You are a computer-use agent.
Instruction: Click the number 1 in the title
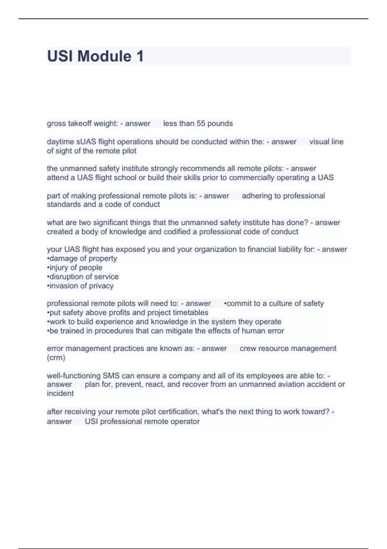tap(140, 56)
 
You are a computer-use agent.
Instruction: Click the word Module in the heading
tap(104, 56)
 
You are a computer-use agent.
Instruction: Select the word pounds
tap(220, 123)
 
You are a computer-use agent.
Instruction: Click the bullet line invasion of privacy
tap(80, 286)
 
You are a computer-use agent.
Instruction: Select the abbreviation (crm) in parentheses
tap(56, 357)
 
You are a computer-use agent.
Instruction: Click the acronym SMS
tap(111, 376)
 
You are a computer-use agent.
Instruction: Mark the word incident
tap(60, 393)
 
